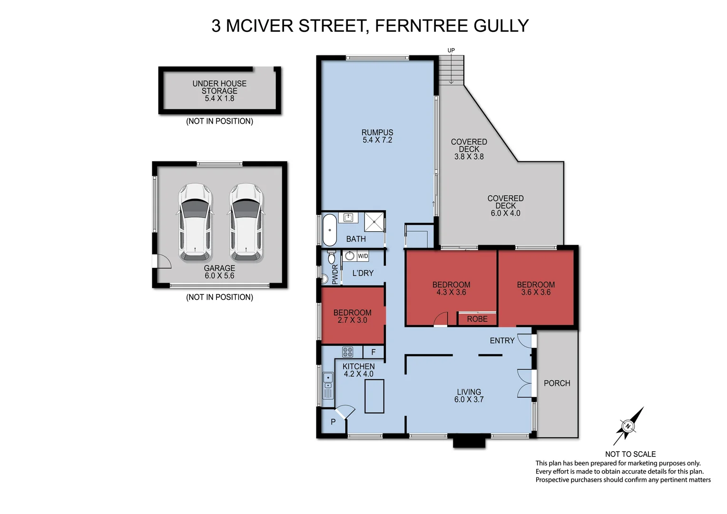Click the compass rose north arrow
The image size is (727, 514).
[x=628, y=426]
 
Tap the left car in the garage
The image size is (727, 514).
[x=195, y=223]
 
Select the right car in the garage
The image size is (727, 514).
[x=246, y=223]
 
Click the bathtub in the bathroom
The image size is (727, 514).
[x=329, y=230]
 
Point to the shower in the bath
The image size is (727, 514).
[x=374, y=221]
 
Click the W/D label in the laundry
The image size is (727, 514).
[x=363, y=256]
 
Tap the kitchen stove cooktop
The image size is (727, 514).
[x=348, y=352]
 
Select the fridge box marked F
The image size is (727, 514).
[x=373, y=352]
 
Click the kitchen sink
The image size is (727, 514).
[x=328, y=385]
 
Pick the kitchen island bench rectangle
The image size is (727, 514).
[x=374, y=396]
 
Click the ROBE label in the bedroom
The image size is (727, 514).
[x=477, y=319]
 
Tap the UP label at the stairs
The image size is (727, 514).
[x=451, y=50]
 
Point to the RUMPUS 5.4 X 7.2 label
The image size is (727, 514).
[x=377, y=136]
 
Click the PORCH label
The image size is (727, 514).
[x=557, y=383]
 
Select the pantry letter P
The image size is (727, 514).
[x=333, y=422]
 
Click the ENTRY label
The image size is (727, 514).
[x=502, y=341]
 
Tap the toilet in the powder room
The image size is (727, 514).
[x=332, y=257]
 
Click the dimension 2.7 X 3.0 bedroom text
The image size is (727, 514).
[x=352, y=320]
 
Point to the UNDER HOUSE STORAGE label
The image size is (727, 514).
[x=219, y=87]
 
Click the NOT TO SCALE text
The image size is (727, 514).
[x=630, y=454]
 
